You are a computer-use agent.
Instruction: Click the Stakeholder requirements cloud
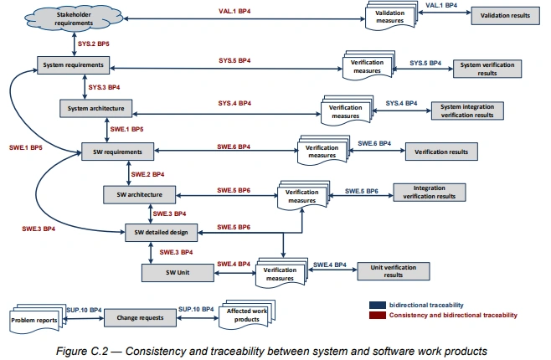point(50,18)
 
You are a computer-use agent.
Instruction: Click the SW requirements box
point(117,152)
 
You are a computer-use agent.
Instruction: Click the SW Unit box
point(176,271)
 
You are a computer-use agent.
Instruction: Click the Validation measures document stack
point(390,18)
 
